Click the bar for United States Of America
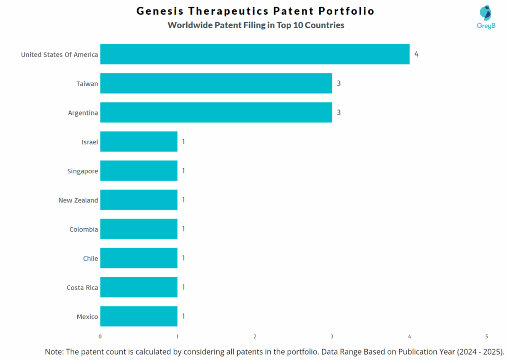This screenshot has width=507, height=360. point(254,54)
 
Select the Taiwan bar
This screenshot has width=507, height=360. point(216,84)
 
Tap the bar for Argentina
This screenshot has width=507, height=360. point(216,112)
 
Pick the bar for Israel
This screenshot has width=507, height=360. point(139,142)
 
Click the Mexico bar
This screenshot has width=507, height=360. point(139,316)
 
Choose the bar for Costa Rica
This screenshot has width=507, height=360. point(139,287)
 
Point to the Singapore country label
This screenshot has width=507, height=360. point(82,171)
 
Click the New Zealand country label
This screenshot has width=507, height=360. point(78,201)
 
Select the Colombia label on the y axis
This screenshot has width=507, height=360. point(83,230)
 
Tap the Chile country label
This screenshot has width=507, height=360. point(90,258)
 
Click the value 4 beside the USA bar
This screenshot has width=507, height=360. point(416,54)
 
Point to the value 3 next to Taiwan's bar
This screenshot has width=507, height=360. point(339,83)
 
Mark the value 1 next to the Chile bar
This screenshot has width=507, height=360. point(183,258)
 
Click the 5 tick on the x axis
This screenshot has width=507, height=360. point(486,337)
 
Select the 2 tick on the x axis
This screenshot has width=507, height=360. point(254,337)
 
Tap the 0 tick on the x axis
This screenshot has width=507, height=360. point(100,337)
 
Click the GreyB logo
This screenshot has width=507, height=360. point(486,17)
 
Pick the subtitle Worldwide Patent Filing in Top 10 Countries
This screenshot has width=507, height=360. point(255,25)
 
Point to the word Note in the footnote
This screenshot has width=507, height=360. point(53,351)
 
